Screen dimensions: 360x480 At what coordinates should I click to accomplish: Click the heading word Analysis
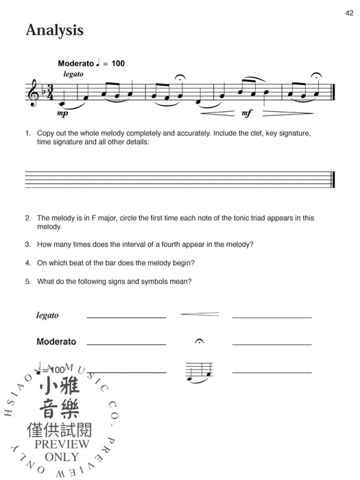[54, 30]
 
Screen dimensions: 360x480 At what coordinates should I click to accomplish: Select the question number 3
[28, 243]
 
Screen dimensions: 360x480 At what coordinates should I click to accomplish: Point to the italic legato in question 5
[47, 315]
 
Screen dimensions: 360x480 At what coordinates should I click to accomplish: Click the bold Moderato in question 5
[56, 341]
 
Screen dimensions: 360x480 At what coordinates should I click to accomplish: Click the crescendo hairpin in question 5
[199, 314]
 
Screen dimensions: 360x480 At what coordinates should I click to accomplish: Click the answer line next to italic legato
[126, 317]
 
